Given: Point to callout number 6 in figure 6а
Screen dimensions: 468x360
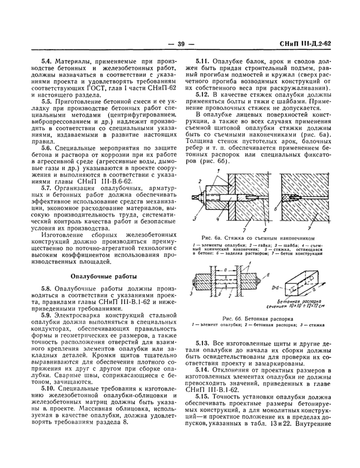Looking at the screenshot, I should point(277,210).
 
